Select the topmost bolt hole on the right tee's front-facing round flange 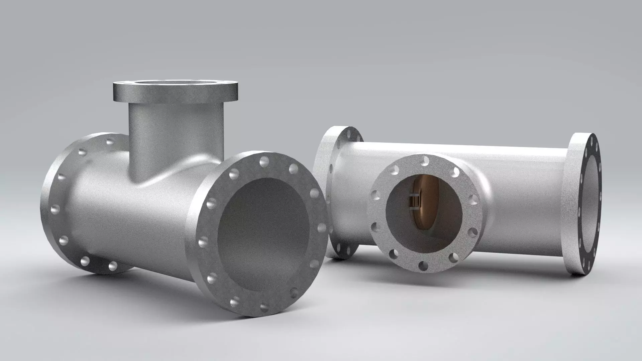click(x=425, y=161)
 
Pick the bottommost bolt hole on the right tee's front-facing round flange click(x=423, y=266)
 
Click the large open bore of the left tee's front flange click(x=264, y=234)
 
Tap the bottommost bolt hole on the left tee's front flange click(x=264, y=307)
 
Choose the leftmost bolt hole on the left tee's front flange click(x=203, y=241)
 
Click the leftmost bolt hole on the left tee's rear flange click(x=54, y=209)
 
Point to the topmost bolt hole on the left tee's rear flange click(x=110, y=141)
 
